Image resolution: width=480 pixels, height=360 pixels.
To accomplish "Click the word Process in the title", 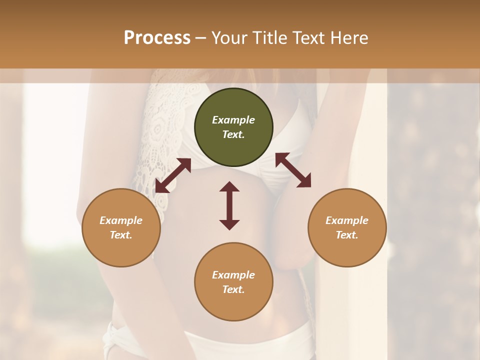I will (x=157, y=38).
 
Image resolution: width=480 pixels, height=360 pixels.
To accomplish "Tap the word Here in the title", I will (x=349, y=38).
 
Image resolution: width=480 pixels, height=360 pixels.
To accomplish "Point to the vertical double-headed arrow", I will (x=229, y=205).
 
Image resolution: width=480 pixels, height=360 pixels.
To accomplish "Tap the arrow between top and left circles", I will (x=173, y=175).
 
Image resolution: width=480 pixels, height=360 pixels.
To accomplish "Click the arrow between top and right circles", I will (x=293, y=170).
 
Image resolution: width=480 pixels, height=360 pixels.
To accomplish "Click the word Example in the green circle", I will (x=233, y=120).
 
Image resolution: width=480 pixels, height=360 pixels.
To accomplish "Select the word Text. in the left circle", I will (x=121, y=235).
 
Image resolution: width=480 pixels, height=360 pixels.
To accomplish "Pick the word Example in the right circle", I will (x=347, y=220).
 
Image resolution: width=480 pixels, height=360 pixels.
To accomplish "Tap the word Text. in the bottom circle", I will (x=233, y=289).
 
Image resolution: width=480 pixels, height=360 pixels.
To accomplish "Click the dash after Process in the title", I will (x=201, y=38).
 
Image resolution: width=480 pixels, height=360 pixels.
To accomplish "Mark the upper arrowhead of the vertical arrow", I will (x=229, y=186).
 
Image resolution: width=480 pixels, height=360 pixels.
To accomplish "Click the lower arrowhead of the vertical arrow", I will (x=229, y=224).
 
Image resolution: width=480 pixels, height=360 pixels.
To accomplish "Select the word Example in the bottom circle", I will (x=233, y=275).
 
